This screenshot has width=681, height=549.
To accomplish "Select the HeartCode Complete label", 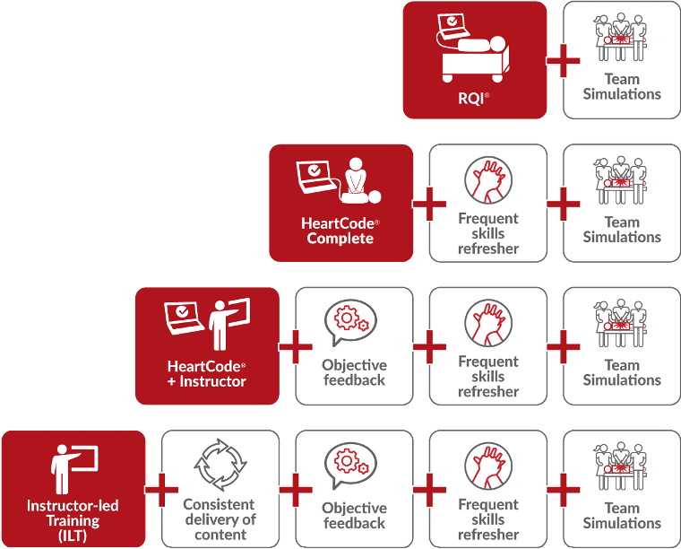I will pos(340,231).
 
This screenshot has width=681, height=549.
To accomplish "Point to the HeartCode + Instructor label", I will pos(207,373).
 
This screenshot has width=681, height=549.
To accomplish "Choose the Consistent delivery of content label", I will pos(220,519).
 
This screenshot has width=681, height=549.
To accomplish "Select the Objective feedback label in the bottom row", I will pos(354,516).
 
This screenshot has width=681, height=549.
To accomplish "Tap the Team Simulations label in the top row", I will pos(622,87).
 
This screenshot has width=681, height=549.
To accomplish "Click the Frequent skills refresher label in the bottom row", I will pos(488,519).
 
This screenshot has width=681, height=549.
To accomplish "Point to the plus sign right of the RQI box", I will pos(564,61).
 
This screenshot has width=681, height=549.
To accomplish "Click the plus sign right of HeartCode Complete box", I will pos(429,205).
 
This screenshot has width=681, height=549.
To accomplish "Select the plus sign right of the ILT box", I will pos(161,490).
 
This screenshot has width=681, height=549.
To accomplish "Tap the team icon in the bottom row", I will pos(622,467).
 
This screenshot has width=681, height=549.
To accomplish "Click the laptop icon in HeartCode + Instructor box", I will pos(184,317).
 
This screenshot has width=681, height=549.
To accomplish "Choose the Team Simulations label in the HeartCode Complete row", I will pos(622,230).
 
